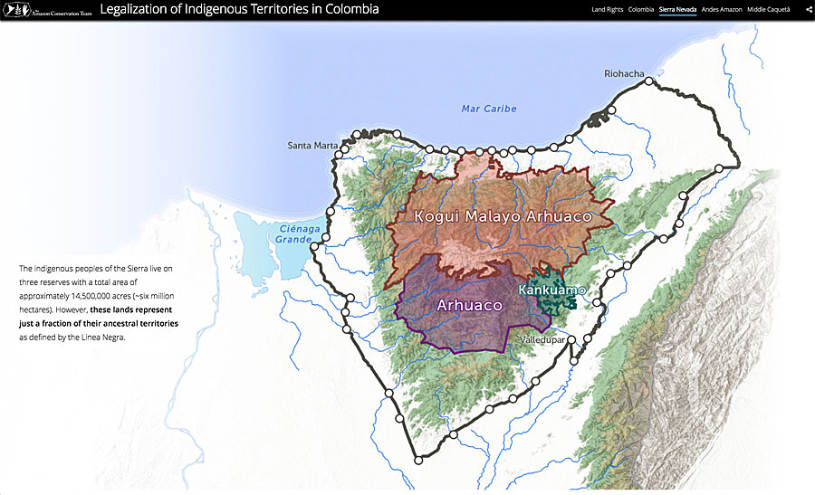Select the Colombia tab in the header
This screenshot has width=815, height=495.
tap(641, 9)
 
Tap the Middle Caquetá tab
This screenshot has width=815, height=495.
tap(769, 9)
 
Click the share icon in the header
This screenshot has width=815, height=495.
tap(808, 9)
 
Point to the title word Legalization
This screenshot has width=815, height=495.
tap(140, 10)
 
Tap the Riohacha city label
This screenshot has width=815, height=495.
tap(625, 73)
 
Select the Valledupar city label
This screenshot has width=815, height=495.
tap(541, 339)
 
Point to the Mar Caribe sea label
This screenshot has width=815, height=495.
tap(488, 109)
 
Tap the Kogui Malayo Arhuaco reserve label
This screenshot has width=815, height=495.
tap(502, 216)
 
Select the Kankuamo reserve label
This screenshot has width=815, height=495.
tap(551, 290)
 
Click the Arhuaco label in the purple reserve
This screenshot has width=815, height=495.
tap(469, 306)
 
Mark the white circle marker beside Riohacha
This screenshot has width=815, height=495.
tap(648, 81)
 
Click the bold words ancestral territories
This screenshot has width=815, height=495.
tap(140, 323)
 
